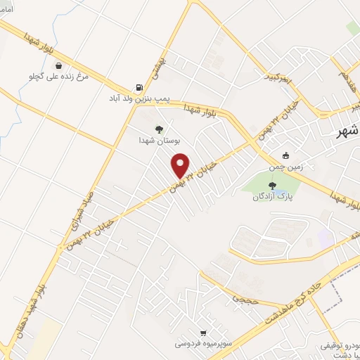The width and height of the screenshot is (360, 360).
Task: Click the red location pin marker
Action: (181, 165)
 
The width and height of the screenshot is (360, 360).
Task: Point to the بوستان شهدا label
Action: (160, 140)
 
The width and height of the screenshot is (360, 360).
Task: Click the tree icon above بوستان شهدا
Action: (160, 129)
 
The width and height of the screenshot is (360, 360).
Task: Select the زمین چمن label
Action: (285, 167)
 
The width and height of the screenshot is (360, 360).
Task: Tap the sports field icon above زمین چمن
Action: (285, 156)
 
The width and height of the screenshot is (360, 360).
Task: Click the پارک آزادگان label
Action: (272, 198)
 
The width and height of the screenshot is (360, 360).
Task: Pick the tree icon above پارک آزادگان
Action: (272, 186)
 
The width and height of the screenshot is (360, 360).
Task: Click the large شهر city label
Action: (347, 132)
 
